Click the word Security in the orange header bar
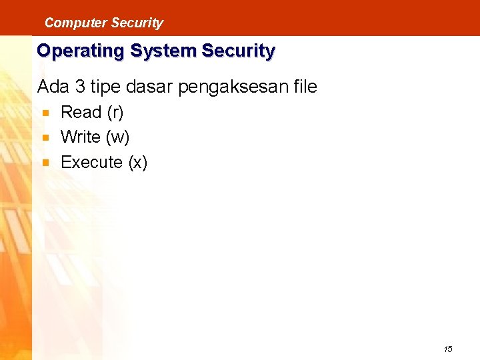137,23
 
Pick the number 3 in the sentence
81,87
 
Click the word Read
81,112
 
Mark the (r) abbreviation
115,113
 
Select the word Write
81,137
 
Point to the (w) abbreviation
117,138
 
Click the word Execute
92,162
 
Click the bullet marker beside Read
45,113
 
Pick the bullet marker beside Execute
45,163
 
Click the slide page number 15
448,349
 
